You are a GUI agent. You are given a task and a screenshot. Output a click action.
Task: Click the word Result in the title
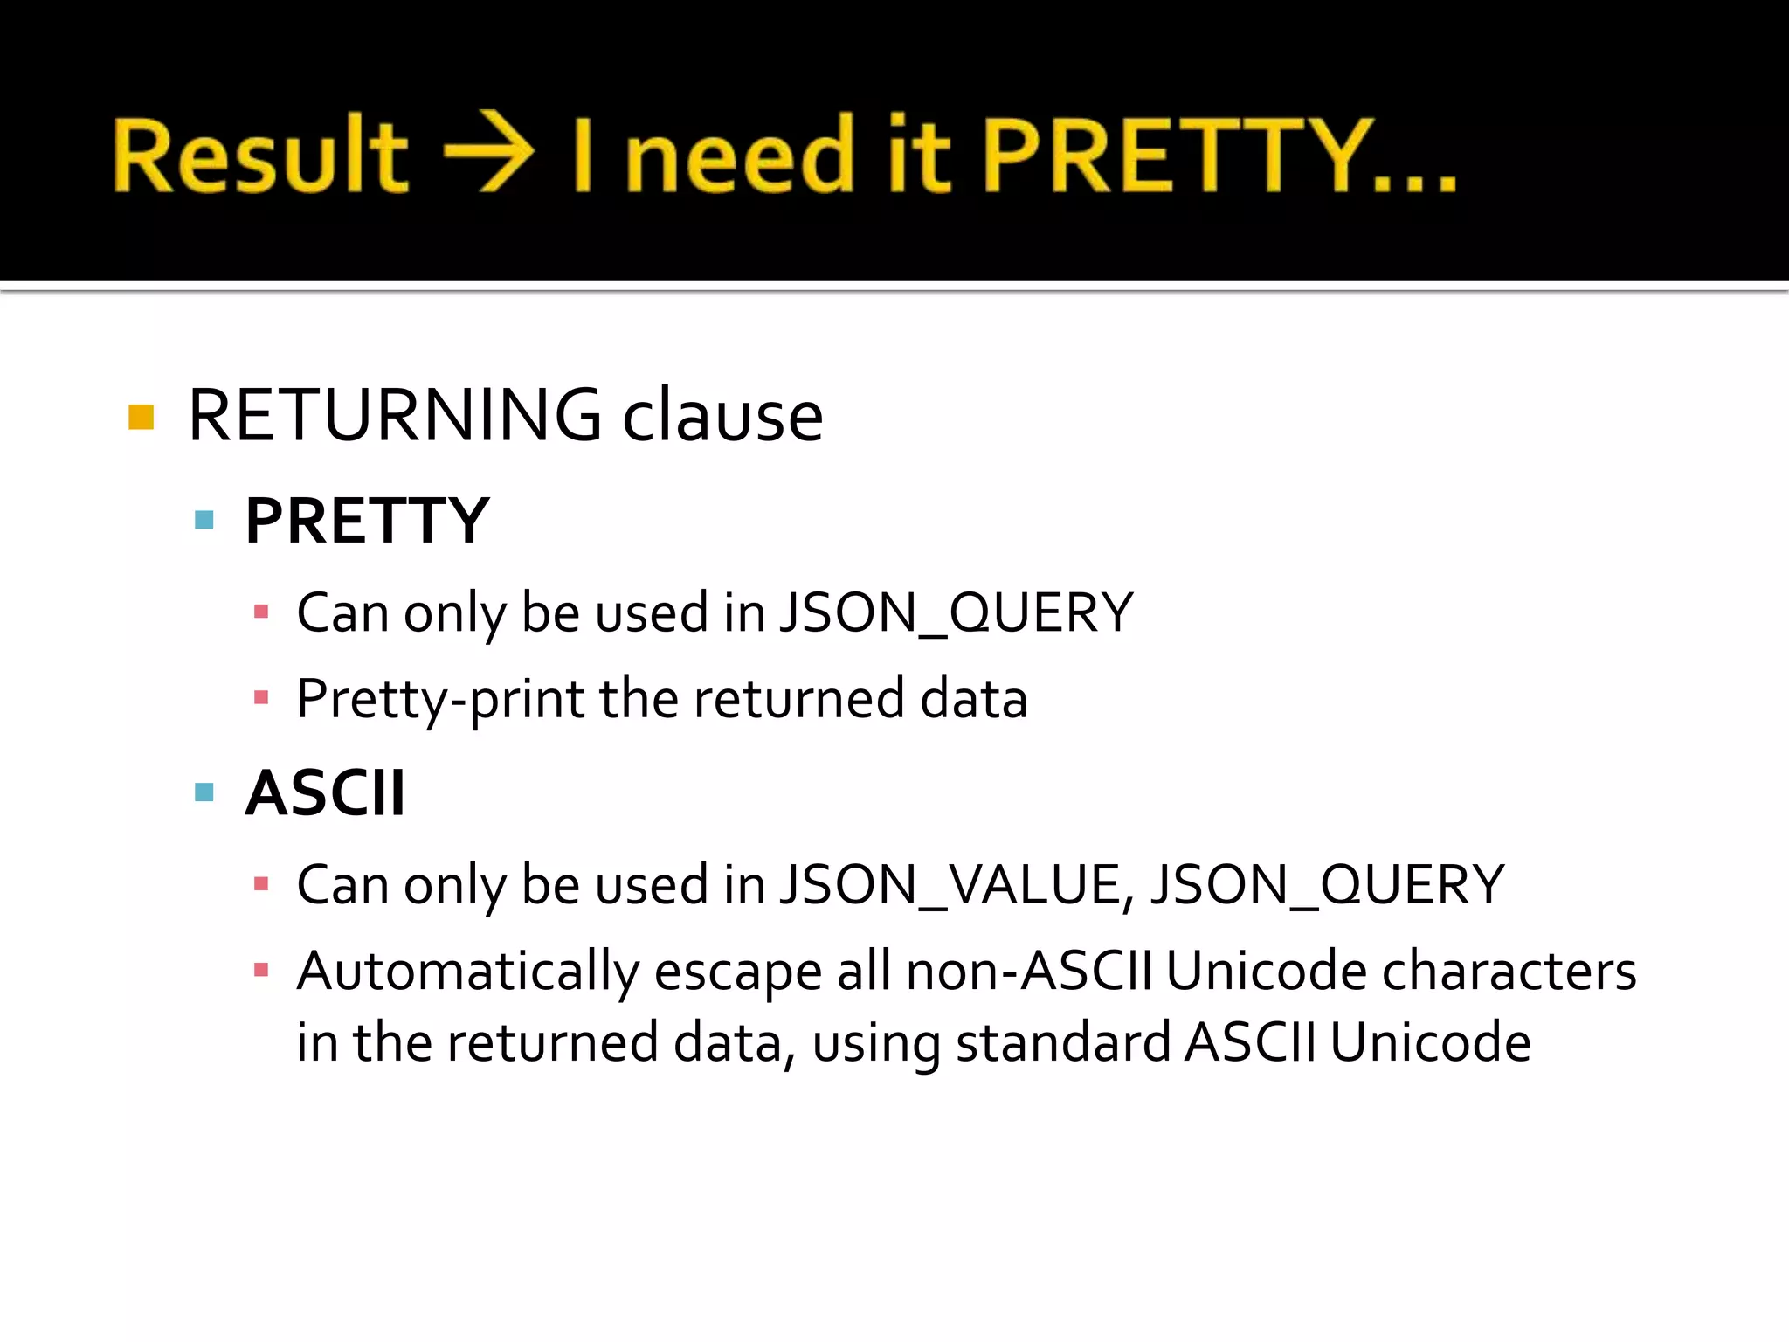[x=260, y=155]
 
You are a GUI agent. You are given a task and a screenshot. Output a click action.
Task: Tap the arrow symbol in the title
[x=488, y=152]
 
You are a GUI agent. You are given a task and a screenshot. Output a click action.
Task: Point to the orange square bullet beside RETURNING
[x=141, y=417]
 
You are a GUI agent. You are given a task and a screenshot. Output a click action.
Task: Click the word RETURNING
[x=394, y=415]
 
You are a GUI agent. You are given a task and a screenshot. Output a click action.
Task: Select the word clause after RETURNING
[x=722, y=417]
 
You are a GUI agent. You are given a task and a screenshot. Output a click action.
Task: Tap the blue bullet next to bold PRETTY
[x=204, y=521]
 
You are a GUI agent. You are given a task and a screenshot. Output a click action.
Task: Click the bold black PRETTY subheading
[x=367, y=521]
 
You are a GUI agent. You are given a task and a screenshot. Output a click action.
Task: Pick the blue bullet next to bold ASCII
[x=204, y=792]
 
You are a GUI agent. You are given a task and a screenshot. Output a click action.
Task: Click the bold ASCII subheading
[x=325, y=793]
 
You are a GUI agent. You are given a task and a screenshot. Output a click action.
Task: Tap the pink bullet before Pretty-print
[x=260, y=697]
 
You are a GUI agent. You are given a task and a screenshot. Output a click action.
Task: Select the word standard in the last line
[x=1063, y=1042]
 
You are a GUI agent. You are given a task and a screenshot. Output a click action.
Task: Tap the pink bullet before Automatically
[x=260, y=969]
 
